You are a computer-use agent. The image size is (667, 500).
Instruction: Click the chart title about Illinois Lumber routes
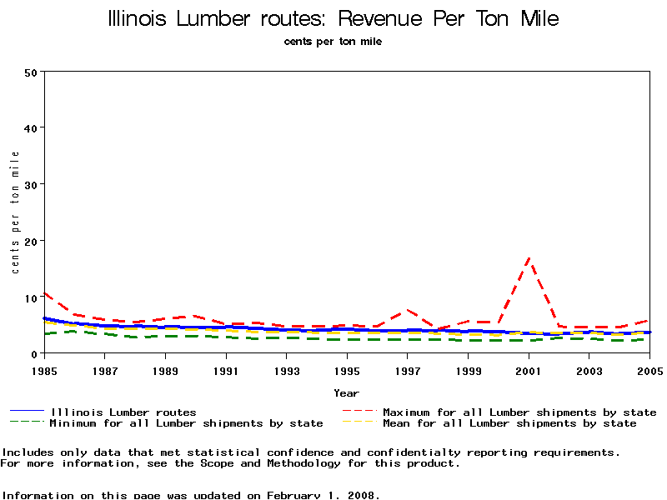click(333, 18)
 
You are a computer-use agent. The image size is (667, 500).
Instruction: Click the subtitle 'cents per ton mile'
click(333, 41)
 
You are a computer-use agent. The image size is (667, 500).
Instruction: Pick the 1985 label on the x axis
click(44, 369)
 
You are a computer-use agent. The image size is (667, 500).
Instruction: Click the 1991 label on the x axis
click(226, 369)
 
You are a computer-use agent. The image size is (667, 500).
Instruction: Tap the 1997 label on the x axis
click(408, 369)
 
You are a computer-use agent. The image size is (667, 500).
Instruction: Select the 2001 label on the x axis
click(529, 369)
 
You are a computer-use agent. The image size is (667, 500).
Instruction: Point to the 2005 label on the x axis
click(649, 369)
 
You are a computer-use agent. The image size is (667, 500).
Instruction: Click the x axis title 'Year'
click(346, 392)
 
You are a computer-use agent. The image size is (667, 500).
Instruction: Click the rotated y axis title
click(15, 212)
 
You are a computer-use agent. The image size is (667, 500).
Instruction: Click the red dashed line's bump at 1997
click(408, 310)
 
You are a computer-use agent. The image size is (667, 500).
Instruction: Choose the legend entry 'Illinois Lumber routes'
click(123, 412)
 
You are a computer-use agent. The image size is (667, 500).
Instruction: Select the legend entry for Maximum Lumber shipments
click(519, 412)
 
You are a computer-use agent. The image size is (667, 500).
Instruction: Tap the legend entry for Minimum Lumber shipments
click(185, 423)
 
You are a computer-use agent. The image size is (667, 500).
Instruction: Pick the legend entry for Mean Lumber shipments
click(509, 423)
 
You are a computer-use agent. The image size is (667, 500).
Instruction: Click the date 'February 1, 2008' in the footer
click(321, 495)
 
